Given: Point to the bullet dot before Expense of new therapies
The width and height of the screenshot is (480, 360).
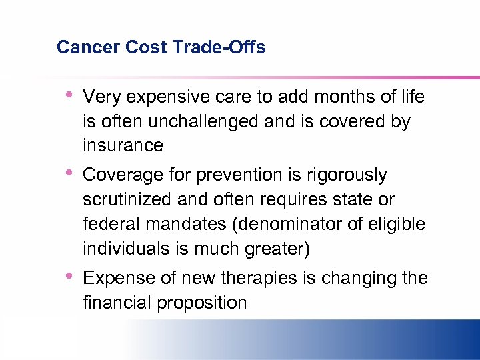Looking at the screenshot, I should [x=69, y=275].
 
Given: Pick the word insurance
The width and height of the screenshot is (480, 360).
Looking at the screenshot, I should [x=123, y=145].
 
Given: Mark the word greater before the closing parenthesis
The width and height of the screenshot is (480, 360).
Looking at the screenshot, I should [x=276, y=249].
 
